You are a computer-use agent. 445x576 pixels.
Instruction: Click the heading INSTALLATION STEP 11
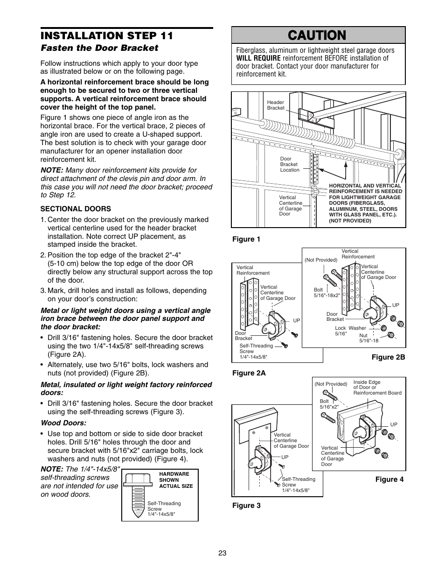[x=107, y=35]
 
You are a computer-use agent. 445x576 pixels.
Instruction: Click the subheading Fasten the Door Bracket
[x=99, y=48]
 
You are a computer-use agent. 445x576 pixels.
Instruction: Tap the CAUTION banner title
[x=319, y=35]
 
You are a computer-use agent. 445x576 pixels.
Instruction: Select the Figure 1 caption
[x=246, y=239]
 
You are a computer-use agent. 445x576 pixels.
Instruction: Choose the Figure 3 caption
[x=246, y=506]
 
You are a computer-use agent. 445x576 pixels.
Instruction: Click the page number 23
[x=222, y=553]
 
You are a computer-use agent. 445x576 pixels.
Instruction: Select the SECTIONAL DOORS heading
[x=76, y=208]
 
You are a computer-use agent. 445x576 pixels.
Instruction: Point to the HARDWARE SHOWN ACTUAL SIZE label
[x=176, y=479]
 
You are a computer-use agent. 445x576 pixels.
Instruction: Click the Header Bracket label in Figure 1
[x=275, y=105]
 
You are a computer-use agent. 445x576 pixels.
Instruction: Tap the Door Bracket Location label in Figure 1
[x=290, y=164]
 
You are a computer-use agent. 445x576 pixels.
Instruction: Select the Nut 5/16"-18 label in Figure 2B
[x=369, y=338]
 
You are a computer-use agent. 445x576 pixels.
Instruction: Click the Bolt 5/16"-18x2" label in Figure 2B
[x=327, y=292]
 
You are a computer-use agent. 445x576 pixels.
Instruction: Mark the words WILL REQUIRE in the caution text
[x=258, y=58]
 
